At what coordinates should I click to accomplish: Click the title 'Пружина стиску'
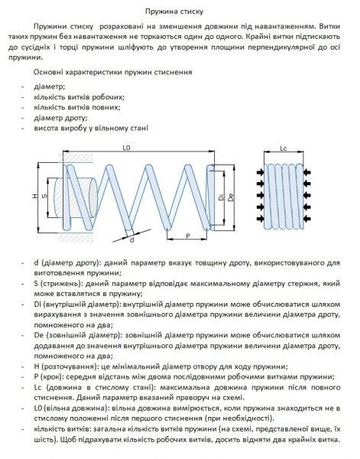click(x=180, y=10)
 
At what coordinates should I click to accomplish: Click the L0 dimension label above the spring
click(x=126, y=148)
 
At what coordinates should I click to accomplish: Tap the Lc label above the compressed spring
click(x=283, y=148)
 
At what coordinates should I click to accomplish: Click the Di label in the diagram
click(x=220, y=198)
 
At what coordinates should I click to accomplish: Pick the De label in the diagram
click(x=229, y=198)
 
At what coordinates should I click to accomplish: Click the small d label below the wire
click(x=131, y=239)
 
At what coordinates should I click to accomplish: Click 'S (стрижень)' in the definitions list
click(x=58, y=283)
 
